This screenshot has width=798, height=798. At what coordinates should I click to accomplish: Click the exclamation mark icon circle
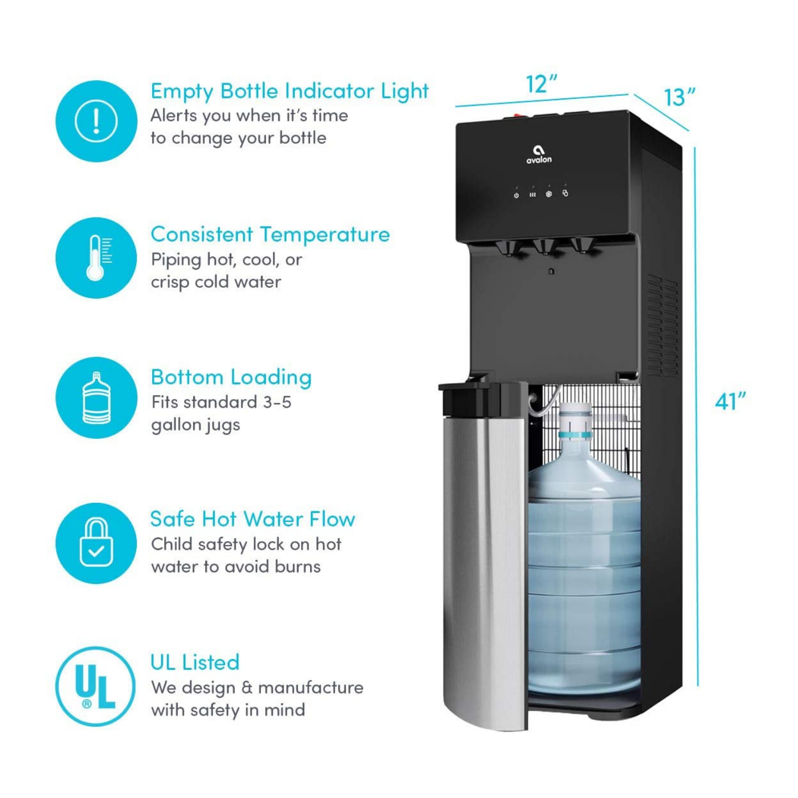(x=96, y=121)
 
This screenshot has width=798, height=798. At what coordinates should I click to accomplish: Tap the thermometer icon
(x=96, y=258)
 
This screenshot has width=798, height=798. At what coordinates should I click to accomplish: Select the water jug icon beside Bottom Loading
(x=96, y=398)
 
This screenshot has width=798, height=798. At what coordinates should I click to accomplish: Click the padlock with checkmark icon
(x=96, y=543)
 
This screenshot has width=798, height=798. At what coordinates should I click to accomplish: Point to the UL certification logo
(x=96, y=686)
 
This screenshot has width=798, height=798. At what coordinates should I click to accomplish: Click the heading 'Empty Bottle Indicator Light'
(x=289, y=92)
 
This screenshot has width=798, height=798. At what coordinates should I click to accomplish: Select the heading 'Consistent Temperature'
(x=270, y=234)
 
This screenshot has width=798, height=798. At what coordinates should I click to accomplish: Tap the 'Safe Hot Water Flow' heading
(x=252, y=519)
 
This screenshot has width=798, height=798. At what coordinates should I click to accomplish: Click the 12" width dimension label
(x=541, y=84)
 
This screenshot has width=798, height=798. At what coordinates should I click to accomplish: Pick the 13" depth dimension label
(x=679, y=97)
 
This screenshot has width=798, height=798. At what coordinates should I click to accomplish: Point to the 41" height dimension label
(x=730, y=401)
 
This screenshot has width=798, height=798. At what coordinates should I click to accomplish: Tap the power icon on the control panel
(x=516, y=195)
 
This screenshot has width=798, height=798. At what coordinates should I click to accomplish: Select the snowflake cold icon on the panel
(x=548, y=194)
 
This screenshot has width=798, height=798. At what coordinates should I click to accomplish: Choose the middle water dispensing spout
(x=545, y=247)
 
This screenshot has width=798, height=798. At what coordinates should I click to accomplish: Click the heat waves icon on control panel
(x=533, y=195)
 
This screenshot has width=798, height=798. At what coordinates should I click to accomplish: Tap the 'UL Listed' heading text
(x=195, y=662)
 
